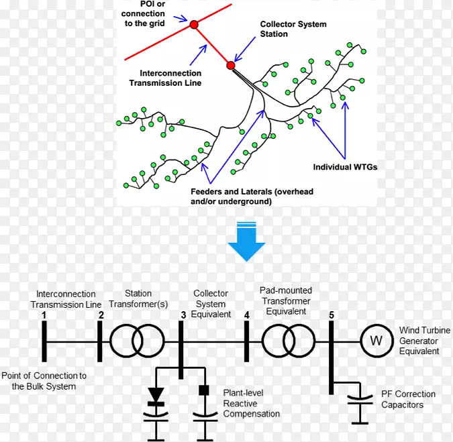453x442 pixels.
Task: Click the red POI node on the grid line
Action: click(x=194, y=25)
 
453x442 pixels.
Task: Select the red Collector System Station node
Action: click(x=231, y=66)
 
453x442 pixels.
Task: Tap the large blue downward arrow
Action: click(x=246, y=241)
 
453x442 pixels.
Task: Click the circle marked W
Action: click(x=376, y=341)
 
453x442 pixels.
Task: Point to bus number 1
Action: click(x=44, y=315)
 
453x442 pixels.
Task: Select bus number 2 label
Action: click(x=101, y=315)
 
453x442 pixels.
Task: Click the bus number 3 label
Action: click(x=183, y=315)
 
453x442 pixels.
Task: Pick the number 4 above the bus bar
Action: click(x=246, y=315)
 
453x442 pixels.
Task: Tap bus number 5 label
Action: click(x=331, y=315)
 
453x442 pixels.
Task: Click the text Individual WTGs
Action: click(x=345, y=167)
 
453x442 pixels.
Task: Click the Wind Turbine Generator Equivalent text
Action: click(x=419, y=340)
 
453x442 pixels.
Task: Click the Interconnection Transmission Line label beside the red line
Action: click(x=170, y=78)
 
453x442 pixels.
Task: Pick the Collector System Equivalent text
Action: click(x=211, y=304)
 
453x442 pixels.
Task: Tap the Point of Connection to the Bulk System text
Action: click(x=44, y=381)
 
